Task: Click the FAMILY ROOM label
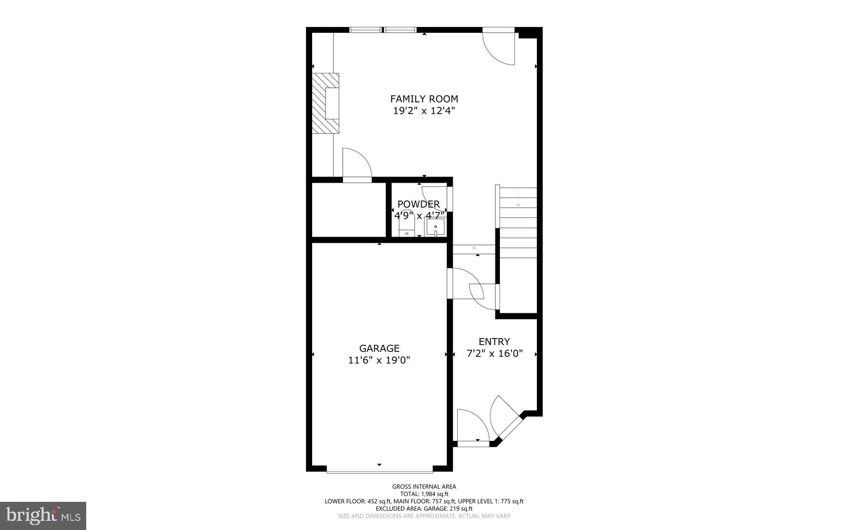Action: point(424,99)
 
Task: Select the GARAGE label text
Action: point(379,348)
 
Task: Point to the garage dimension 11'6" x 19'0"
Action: point(379,360)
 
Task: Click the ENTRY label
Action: point(494,342)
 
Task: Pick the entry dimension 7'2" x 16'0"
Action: point(494,353)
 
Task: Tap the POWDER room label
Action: point(418,204)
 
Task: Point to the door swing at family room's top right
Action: point(500,48)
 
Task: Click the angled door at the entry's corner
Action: point(505,419)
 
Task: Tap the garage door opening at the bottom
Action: point(379,471)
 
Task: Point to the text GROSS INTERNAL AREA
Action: point(424,486)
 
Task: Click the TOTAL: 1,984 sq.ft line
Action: point(424,494)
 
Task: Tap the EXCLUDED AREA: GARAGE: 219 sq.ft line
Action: point(424,508)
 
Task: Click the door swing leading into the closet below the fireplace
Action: point(356,165)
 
